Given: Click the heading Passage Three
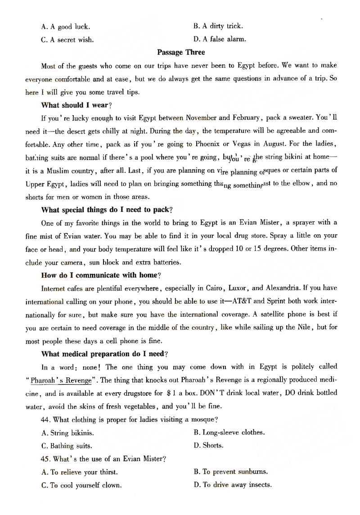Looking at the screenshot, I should tap(181, 53).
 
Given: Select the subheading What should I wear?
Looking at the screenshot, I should tap(76, 105).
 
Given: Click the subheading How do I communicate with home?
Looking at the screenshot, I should tap(101, 275).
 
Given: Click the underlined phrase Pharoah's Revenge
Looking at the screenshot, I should tap(61, 380).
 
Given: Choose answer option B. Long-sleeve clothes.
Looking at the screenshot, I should tap(229, 433).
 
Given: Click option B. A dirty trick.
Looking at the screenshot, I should tap(218, 27).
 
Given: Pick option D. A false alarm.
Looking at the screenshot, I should tap(220, 40).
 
